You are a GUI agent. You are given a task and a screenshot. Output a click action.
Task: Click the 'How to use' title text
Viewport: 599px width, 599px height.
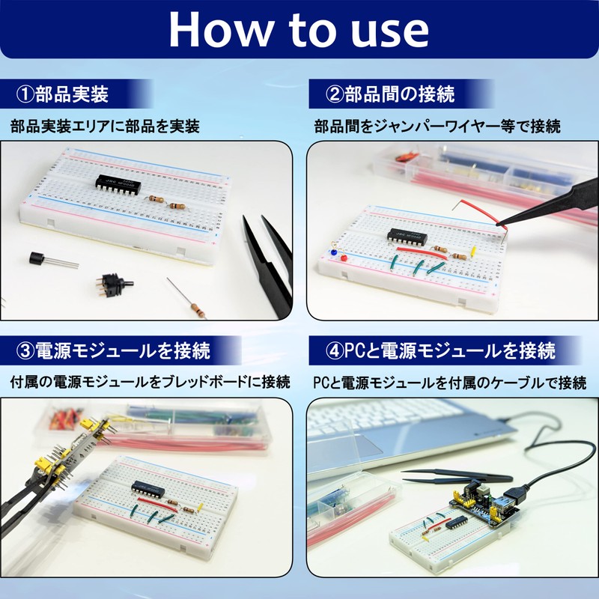pyautogui.click(x=299, y=29)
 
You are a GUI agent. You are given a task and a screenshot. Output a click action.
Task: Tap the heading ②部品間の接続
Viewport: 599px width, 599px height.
pyautogui.click(x=390, y=94)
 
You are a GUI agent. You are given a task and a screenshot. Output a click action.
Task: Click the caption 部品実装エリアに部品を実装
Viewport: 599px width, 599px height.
pyautogui.click(x=106, y=126)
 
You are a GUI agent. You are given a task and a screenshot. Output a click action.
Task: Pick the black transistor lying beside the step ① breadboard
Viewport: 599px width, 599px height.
pyautogui.click(x=37, y=259)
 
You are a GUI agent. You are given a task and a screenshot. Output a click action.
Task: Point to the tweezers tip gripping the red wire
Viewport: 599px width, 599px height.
pyautogui.click(x=500, y=222)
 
